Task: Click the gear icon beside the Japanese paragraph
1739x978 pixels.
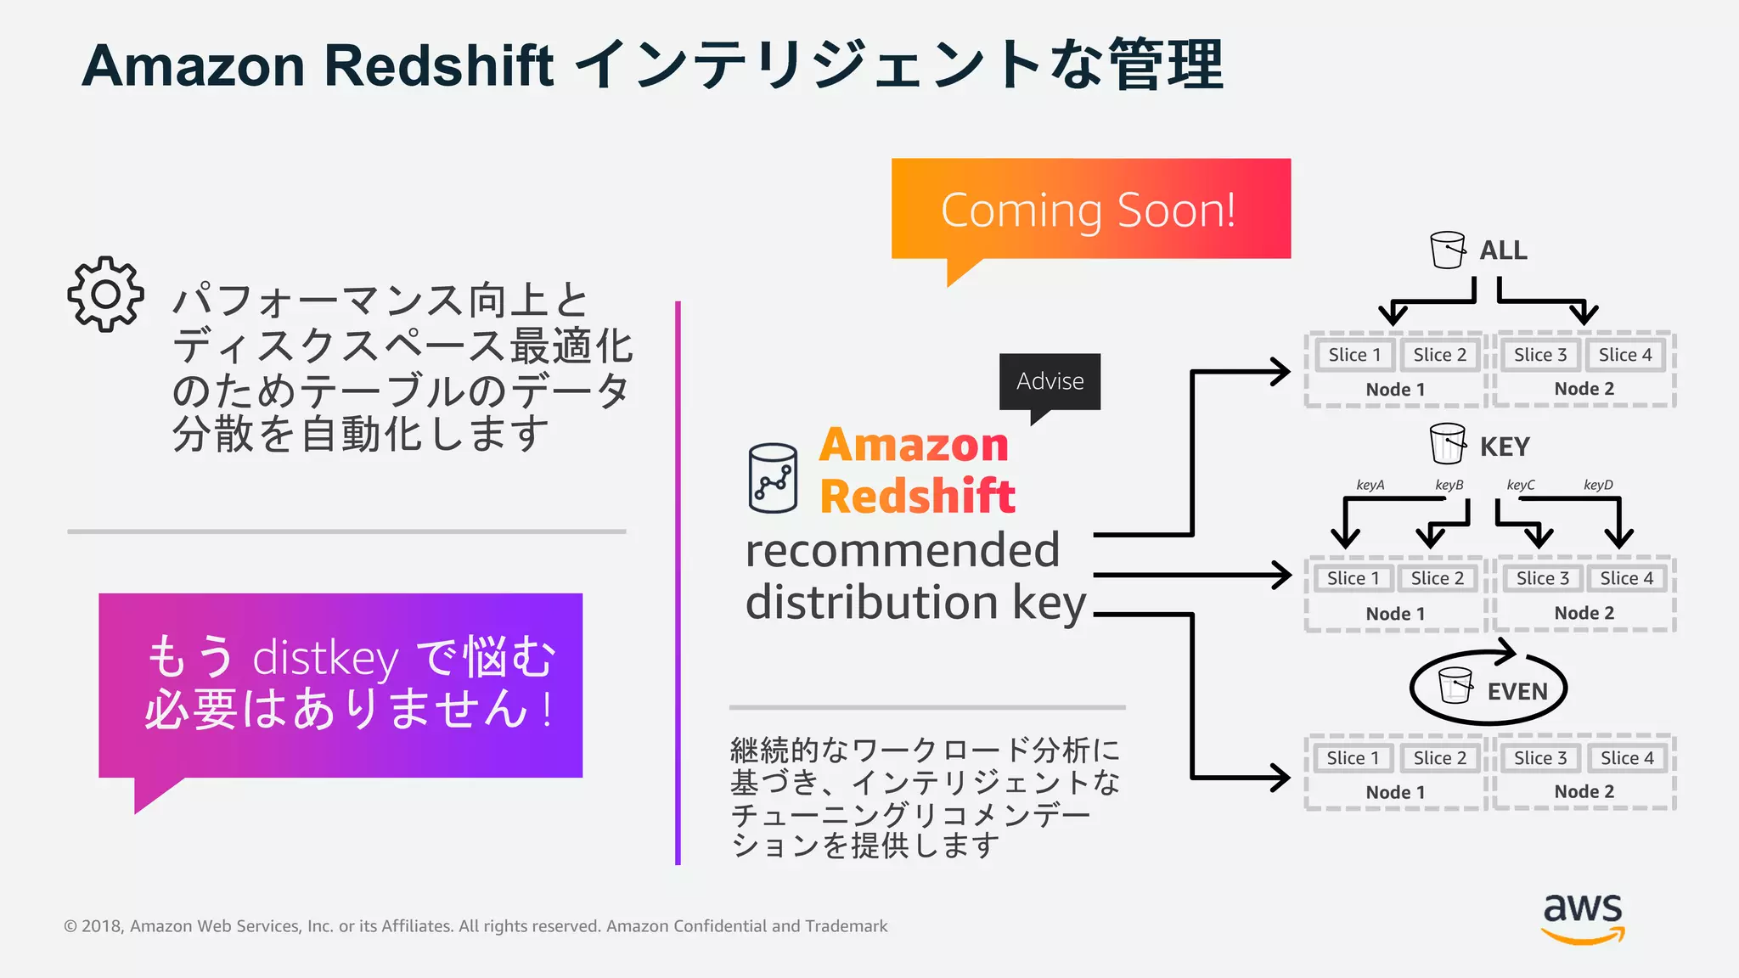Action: pos(105,294)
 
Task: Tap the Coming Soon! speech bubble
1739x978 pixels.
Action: pos(1089,210)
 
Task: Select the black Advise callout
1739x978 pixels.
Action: pos(1050,381)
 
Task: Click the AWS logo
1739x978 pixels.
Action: pos(1583,917)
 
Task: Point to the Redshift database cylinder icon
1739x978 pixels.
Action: pos(773,478)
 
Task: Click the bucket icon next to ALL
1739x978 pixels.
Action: pos(1448,250)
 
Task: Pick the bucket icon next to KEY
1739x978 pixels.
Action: pos(1448,443)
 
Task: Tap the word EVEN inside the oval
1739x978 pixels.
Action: pos(1517,692)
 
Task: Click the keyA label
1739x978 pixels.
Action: pos(1370,485)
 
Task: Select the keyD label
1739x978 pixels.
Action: pos(1598,485)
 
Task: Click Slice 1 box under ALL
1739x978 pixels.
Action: pos(1354,355)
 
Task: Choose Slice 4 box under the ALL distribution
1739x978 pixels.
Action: pos(1625,355)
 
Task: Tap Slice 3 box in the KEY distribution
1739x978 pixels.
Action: pos(1542,578)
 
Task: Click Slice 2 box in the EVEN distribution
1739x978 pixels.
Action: pos(1439,758)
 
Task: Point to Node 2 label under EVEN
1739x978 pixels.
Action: pos(1584,791)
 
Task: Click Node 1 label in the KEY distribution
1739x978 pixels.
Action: pos(1395,613)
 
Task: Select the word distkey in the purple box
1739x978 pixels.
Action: pos(325,658)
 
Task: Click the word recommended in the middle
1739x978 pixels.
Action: pos(903,550)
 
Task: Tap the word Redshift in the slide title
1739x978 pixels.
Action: pos(438,65)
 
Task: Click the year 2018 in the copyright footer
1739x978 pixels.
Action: pos(103,926)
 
